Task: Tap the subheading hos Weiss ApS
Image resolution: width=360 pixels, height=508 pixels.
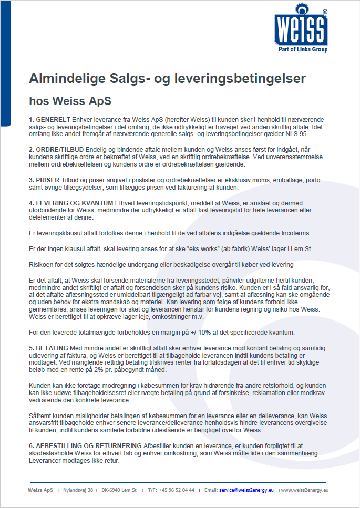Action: click(70, 99)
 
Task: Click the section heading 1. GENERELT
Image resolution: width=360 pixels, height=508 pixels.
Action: click(49, 120)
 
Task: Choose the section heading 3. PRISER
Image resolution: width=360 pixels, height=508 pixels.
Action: click(45, 181)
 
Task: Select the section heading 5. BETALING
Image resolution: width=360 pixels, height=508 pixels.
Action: click(49, 348)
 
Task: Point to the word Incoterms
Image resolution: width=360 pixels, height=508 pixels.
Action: click(296, 233)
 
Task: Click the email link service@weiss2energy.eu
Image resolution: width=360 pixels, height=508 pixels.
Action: click(246, 490)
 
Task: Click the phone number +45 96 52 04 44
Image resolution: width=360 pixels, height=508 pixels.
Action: click(177, 490)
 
